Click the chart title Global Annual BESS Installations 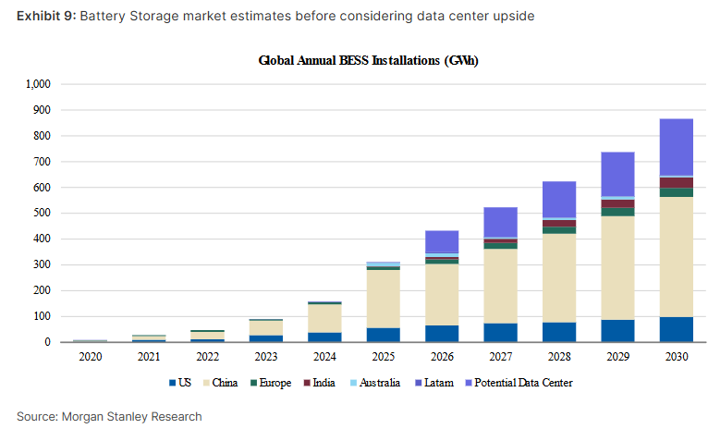click(x=368, y=61)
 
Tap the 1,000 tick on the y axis click(x=36, y=84)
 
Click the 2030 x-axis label click(x=676, y=355)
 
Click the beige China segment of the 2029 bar click(x=617, y=267)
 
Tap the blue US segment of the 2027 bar click(x=499, y=332)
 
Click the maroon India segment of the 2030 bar click(x=676, y=182)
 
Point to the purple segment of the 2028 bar click(x=558, y=199)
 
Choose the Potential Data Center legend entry click(x=522, y=383)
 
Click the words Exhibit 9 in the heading click(x=43, y=17)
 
